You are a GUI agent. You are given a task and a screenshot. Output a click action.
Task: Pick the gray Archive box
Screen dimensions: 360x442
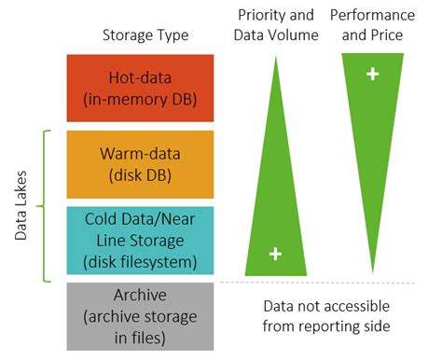point(141,318)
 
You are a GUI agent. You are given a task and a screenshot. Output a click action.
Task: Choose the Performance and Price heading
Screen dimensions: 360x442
point(373,26)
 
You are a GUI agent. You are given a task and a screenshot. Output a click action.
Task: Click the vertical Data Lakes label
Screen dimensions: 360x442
point(21,205)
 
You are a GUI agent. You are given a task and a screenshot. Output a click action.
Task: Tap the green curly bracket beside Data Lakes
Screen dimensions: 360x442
point(41,205)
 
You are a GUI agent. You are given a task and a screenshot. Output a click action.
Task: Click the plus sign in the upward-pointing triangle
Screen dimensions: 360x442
point(275,253)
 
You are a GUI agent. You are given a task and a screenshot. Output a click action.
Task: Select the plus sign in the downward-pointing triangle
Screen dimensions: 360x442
point(372,73)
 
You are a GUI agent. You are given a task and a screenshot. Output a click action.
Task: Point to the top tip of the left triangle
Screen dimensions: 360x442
point(275,58)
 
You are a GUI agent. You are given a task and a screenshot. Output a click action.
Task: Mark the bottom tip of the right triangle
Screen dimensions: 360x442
point(373,271)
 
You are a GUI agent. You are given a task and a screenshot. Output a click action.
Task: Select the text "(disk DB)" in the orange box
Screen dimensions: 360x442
point(141,174)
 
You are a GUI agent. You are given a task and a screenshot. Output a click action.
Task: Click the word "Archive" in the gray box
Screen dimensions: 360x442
point(141,298)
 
